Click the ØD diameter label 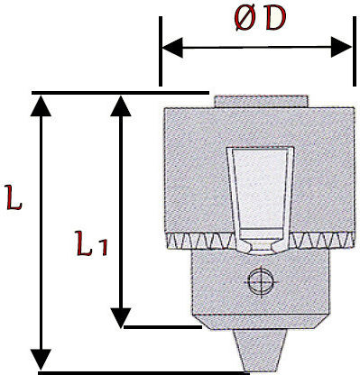pos(261,19)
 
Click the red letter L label pos(14,197)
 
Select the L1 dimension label pos(91,243)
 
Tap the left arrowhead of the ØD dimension pos(172,48)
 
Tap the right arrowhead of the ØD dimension pos(341,47)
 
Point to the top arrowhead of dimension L pos(41,105)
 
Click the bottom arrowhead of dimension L pos(41,360)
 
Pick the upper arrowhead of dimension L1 pos(121,105)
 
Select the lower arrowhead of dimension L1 pos(121,318)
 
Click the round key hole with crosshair pos(261,282)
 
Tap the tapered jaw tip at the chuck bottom pos(260,351)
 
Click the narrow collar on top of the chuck pos(261,101)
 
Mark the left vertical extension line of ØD pos(161,51)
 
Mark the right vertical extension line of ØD pos(354,51)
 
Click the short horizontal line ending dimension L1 pos(162,327)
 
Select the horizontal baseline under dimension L pos(143,373)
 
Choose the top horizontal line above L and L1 pos(120,93)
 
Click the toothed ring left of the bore pos(201,242)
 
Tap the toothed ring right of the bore pos(321,240)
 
